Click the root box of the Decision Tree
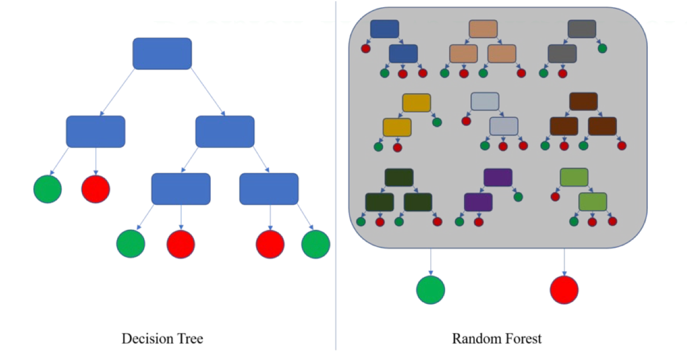pyautogui.click(x=162, y=54)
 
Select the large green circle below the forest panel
pyautogui.click(x=430, y=290)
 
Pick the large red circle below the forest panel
pyautogui.click(x=564, y=290)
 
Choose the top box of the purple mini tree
pyautogui.click(x=498, y=177)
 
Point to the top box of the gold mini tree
pyautogui.click(x=416, y=103)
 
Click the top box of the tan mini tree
pyautogui.click(x=483, y=29)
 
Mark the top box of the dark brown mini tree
pyautogui.click(x=583, y=101)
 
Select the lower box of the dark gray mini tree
pyautogui.click(x=562, y=53)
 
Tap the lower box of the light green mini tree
pyautogui.click(x=593, y=201)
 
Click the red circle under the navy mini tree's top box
pyautogui.click(x=366, y=49)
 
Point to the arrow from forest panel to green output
pyautogui.click(x=430, y=261)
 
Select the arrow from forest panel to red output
pyautogui.click(x=564, y=261)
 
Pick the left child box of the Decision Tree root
pyautogui.click(x=95, y=132)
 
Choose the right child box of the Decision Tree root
pyautogui.click(x=225, y=132)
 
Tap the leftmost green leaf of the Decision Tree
pyautogui.click(x=47, y=189)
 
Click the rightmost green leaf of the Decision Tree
pyautogui.click(x=315, y=244)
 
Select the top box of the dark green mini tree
pyautogui.click(x=399, y=177)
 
